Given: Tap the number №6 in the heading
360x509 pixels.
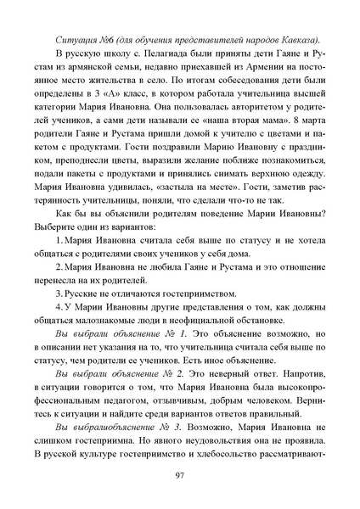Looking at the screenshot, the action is (115, 40).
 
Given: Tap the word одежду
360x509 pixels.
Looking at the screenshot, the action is (304, 169).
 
